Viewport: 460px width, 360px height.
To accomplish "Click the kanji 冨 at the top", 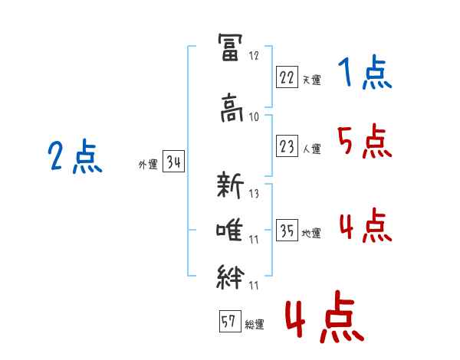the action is [231, 47].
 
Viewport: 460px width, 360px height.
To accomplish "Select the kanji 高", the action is [232, 107].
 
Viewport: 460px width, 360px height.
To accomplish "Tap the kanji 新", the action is [230, 185].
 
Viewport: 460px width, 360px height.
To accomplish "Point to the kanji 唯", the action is [229, 231].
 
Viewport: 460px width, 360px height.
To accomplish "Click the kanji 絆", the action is [231, 277].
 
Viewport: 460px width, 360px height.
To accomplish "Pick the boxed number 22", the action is [287, 77].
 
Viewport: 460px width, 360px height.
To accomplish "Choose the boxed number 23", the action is [287, 146].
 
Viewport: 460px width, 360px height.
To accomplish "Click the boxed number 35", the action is [287, 230].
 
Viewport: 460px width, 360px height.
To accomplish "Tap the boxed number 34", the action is [173, 162].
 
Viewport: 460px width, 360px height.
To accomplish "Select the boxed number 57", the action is [230, 321].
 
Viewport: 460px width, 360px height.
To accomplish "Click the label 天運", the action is [311, 80].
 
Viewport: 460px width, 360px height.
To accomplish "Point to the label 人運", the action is [311, 149].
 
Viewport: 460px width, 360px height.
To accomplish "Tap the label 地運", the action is [311, 234].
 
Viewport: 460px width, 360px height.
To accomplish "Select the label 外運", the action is [148, 165].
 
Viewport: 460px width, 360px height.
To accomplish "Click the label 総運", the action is [255, 325].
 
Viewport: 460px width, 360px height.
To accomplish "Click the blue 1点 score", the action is [365, 72].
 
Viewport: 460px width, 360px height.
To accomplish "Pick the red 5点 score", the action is [365, 141].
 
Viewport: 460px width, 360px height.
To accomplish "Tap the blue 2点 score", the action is [75, 156].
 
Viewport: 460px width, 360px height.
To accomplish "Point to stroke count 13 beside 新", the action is [254, 194].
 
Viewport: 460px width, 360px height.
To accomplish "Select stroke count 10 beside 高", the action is [254, 117].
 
